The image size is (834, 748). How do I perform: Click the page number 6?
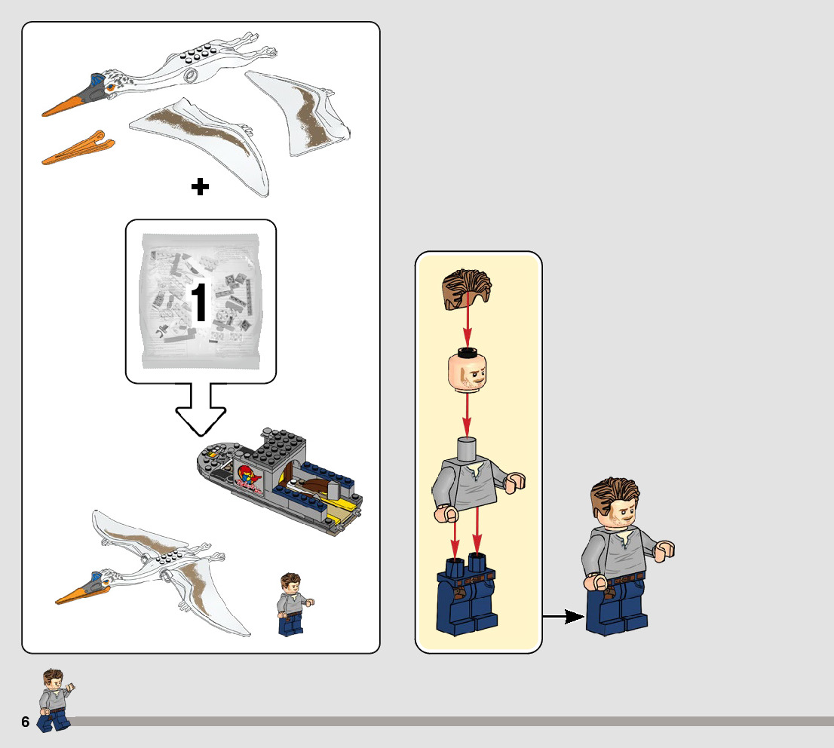tap(26, 722)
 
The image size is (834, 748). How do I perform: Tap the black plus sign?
tap(200, 187)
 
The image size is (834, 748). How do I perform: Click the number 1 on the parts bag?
tap(199, 302)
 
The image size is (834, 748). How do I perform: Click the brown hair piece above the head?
tap(467, 289)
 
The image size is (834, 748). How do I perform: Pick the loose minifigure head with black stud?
tap(467, 369)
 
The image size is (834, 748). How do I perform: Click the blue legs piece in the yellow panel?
tap(467, 593)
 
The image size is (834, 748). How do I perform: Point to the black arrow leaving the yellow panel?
tap(563, 617)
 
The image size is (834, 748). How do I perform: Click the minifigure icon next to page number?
tap(55, 700)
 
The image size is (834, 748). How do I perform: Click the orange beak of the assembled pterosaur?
tap(81, 593)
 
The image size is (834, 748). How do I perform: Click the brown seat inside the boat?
tap(317, 485)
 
